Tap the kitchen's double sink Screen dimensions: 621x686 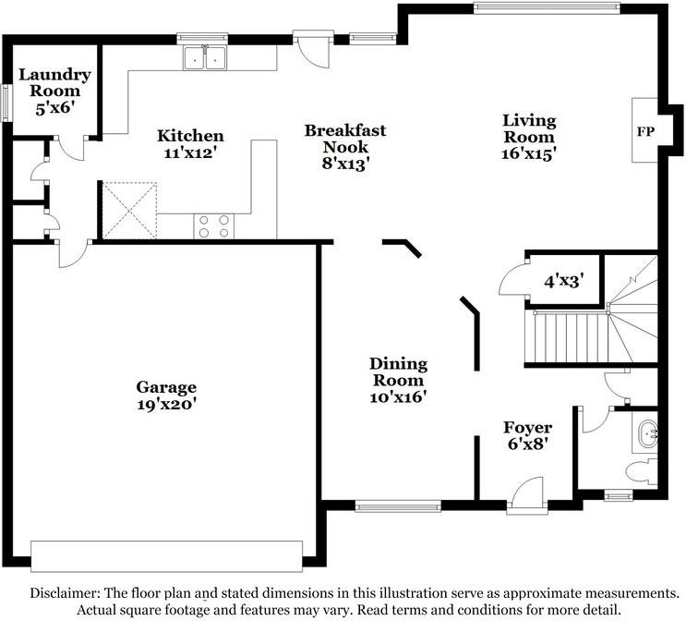(206, 59)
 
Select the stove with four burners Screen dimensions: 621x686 (213, 225)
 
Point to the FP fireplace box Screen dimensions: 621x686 (645, 131)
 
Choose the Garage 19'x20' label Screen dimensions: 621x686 (166, 396)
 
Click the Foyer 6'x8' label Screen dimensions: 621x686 (527, 434)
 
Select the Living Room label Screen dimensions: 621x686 (529, 137)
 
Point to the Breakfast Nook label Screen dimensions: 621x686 (345, 147)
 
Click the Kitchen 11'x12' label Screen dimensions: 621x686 (189, 143)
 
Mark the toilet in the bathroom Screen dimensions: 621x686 (641, 471)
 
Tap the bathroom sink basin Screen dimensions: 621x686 (647, 430)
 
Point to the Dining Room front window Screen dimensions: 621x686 (397, 505)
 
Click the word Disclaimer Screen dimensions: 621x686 (70, 593)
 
